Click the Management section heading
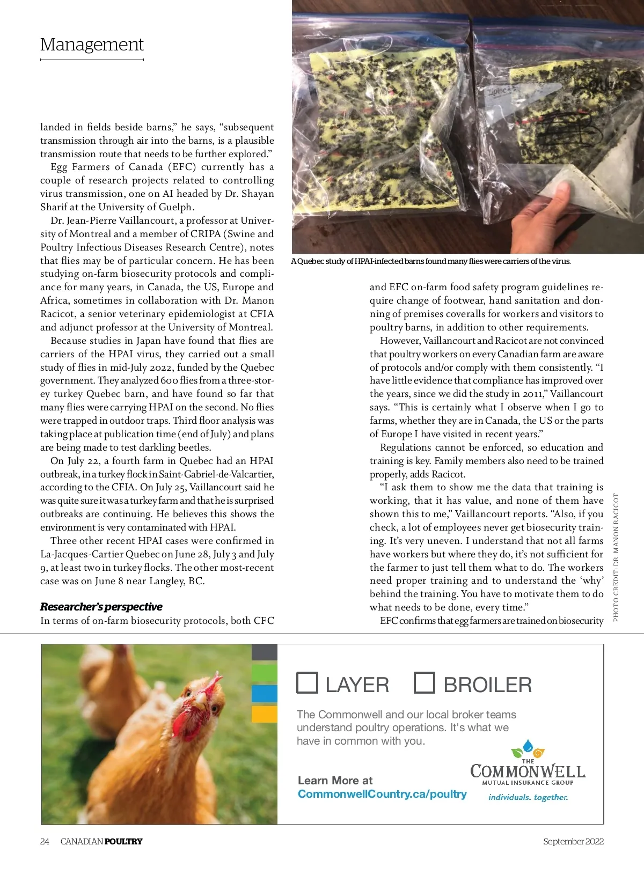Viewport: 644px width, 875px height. (92, 45)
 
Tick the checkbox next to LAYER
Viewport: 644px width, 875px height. (308, 682)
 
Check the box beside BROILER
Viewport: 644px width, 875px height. (424, 682)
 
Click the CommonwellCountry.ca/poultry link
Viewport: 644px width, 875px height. (382, 794)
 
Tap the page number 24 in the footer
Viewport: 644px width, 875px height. (45, 841)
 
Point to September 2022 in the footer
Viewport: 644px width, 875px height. (573, 841)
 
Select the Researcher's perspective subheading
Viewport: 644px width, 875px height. (101, 607)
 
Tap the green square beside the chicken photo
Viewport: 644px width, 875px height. (265, 673)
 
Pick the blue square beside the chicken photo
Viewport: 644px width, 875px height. (265, 693)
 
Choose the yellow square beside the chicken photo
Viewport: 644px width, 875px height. (265, 714)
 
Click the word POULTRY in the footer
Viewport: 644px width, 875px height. (123, 841)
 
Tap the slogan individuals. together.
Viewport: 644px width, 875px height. (528, 797)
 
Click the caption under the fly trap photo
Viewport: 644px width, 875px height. (431, 261)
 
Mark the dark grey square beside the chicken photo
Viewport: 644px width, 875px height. (265, 652)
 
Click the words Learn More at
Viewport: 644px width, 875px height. (335, 781)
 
